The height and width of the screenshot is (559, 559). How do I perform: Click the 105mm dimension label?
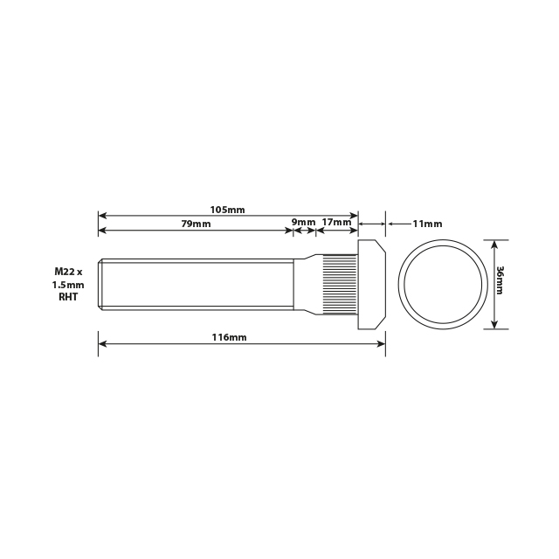point(227,210)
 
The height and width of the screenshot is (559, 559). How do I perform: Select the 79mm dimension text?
point(197,224)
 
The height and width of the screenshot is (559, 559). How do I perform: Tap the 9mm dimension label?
point(303,223)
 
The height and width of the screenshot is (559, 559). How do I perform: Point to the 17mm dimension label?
point(336,223)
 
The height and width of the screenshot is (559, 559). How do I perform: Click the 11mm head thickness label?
point(427,224)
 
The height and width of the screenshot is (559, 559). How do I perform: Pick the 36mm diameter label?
point(500,280)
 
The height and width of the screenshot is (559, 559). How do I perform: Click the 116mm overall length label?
point(229,337)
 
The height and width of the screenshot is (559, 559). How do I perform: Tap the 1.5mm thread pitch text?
point(68,285)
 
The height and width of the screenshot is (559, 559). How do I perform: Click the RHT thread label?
point(68,297)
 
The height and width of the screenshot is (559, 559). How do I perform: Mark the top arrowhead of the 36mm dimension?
point(495,245)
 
